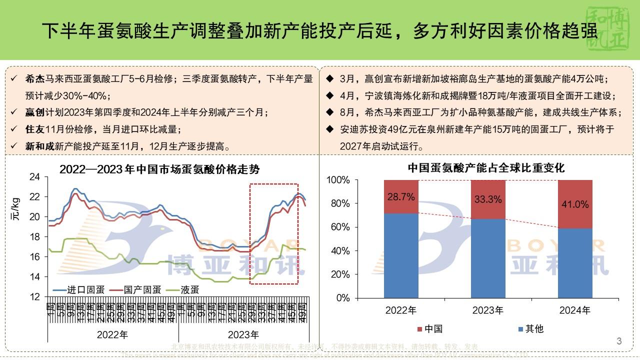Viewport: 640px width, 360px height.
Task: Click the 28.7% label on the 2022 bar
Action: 401,197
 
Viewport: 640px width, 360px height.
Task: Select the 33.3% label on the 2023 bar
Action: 488,199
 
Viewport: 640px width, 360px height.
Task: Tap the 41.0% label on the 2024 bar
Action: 574,204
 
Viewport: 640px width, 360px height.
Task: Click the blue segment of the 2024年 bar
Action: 574,263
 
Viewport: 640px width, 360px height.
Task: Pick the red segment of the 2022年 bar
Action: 401,196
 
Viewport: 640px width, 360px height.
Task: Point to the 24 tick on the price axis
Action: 34,177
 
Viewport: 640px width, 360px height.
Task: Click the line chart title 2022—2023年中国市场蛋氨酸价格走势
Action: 159,169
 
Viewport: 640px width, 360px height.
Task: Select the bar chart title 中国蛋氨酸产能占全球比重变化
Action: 486,168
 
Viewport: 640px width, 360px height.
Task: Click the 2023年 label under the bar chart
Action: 487,310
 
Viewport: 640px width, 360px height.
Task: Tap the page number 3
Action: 619,341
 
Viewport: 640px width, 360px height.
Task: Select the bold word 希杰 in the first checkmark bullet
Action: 34,79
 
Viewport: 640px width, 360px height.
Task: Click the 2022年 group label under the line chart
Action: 112,334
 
